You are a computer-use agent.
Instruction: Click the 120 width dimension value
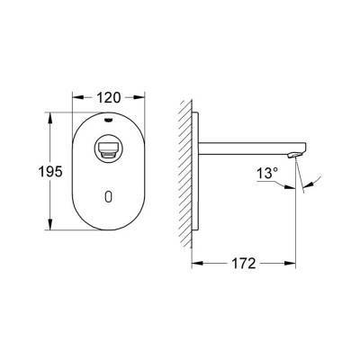109,94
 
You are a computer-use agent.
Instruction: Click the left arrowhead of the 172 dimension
195,264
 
